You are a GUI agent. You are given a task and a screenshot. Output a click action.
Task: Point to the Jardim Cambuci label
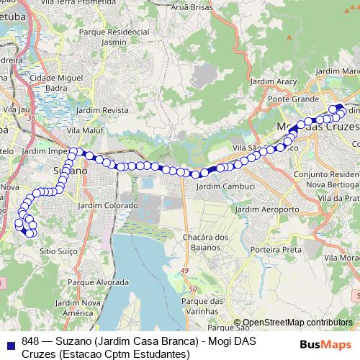225,186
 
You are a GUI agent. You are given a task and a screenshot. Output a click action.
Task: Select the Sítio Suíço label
57,252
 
